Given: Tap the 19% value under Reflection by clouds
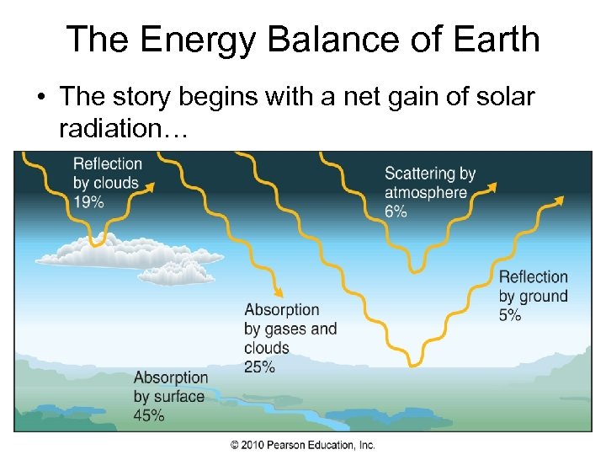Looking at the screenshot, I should tap(88, 201).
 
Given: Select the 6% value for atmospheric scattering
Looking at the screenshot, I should tap(396, 211).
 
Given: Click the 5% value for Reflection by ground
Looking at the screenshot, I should tap(510, 315).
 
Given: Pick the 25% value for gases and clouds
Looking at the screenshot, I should tap(260, 367).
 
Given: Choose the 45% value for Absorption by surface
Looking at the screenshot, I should tap(149, 415).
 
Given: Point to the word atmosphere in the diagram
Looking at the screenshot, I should tap(425, 193).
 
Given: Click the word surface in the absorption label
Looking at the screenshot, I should tap(179, 396).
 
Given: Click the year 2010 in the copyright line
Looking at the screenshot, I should tap(253, 445).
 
